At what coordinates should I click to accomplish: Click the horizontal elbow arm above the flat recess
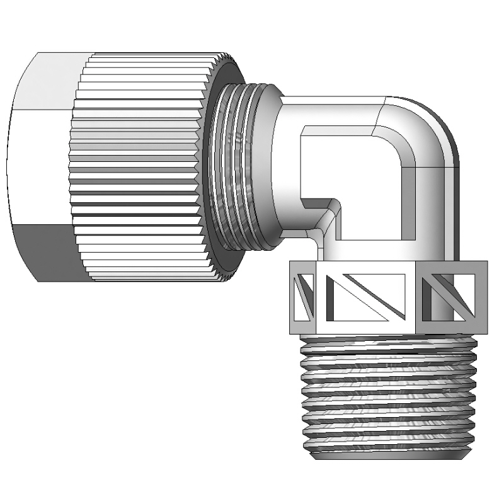click(334, 110)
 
